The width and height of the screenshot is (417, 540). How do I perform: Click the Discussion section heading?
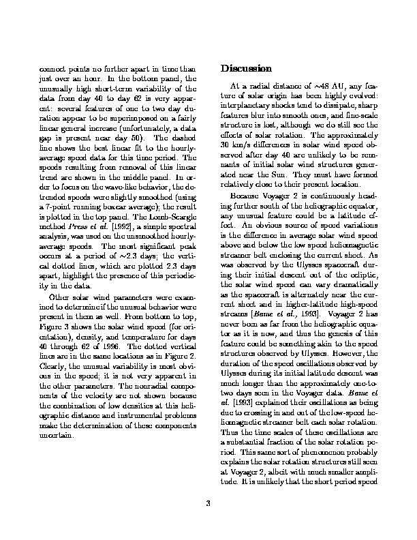click(247, 69)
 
